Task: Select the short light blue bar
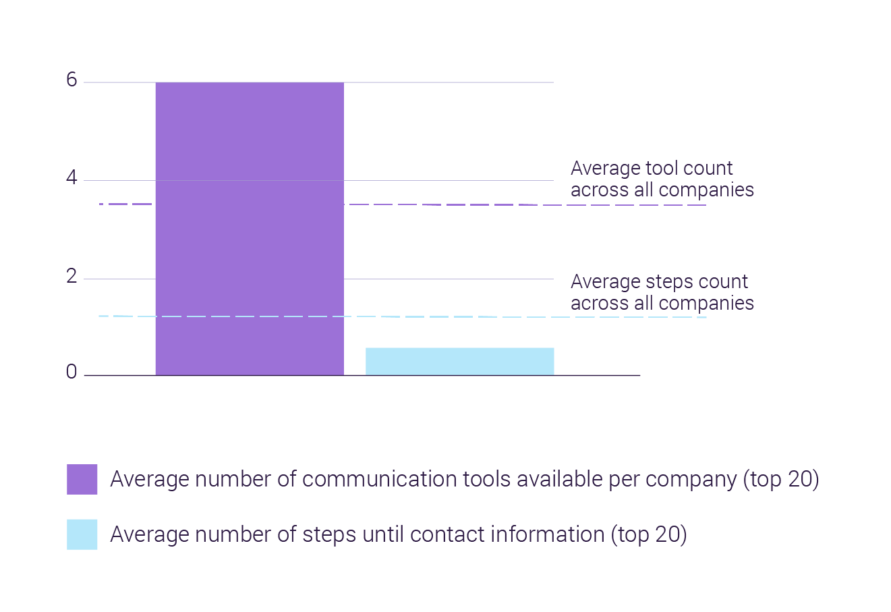coord(459,361)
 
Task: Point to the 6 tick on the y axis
coord(71,80)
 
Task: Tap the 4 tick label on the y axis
coord(71,179)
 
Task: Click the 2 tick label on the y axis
coord(71,276)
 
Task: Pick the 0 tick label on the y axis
coord(71,372)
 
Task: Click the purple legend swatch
coord(82,479)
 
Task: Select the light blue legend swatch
coord(82,534)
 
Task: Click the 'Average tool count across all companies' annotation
coord(662,179)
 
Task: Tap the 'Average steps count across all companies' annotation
coord(662,292)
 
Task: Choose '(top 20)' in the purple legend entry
coord(781,479)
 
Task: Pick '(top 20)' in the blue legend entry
coord(649,534)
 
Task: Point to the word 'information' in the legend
coord(547,534)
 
